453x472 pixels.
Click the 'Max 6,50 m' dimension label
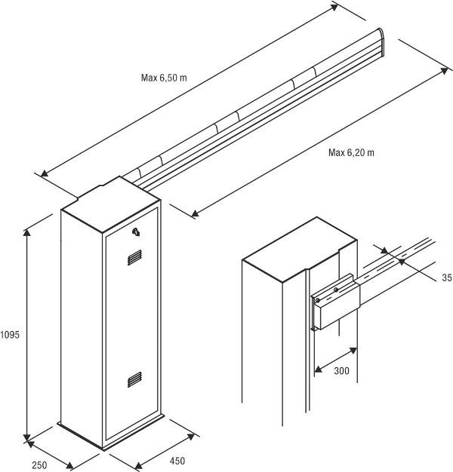point(164,78)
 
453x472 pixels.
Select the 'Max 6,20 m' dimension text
point(351,152)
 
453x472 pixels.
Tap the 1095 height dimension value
point(10,335)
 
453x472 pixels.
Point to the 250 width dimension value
point(39,465)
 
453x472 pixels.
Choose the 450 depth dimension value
point(177,461)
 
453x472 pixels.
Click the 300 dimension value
point(341,371)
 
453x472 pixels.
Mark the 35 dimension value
point(447,277)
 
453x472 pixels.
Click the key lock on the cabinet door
point(136,231)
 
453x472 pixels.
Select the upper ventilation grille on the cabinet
point(134,257)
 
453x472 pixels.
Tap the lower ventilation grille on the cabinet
point(134,379)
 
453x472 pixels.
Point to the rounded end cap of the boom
point(381,42)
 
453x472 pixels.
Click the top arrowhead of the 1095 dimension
point(27,233)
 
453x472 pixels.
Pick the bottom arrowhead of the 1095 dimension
point(27,438)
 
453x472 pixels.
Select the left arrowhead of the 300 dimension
point(318,369)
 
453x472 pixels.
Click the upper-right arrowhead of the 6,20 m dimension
point(444,70)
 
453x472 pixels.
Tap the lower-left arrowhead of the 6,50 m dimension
point(45,173)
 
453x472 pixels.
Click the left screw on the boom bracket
point(318,300)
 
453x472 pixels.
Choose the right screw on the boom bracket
point(336,290)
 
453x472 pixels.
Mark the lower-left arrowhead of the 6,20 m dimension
point(196,213)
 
